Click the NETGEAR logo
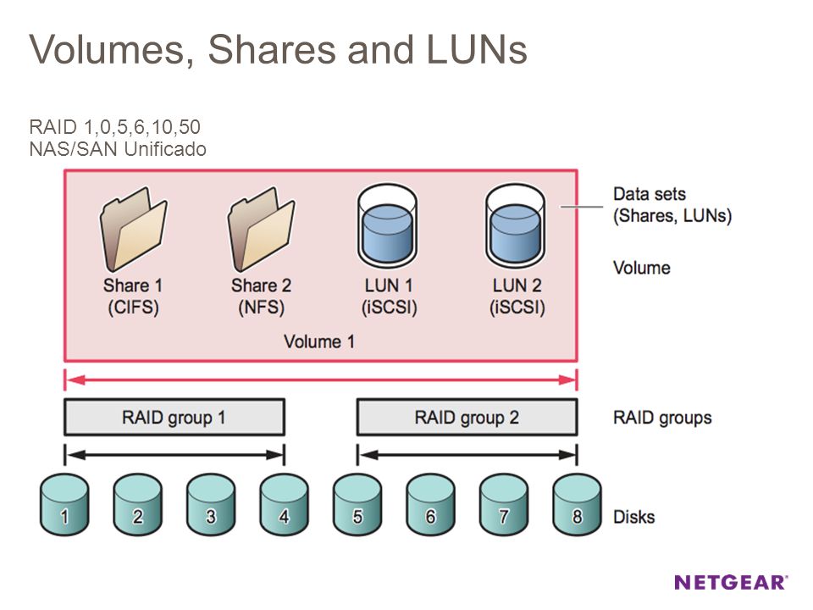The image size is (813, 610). click(731, 582)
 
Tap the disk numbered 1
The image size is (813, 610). click(64, 505)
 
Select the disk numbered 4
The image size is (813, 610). click(285, 505)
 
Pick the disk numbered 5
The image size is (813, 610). click(357, 505)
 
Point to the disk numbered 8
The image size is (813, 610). click(577, 505)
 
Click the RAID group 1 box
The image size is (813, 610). click(174, 417)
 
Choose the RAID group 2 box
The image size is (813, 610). click(467, 417)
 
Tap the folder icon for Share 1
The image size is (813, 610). click(133, 229)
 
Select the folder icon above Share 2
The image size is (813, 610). click(262, 229)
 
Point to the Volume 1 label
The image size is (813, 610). click(319, 341)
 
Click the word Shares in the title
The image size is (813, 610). click(272, 49)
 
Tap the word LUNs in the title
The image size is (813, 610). click(477, 49)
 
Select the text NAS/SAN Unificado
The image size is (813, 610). click(118, 149)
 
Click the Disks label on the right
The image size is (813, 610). click(633, 517)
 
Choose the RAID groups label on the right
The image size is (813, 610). click(662, 418)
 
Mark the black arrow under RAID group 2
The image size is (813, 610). click(467, 455)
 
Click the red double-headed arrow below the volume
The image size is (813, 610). click(320, 380)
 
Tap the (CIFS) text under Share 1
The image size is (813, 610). click(133, 307)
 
